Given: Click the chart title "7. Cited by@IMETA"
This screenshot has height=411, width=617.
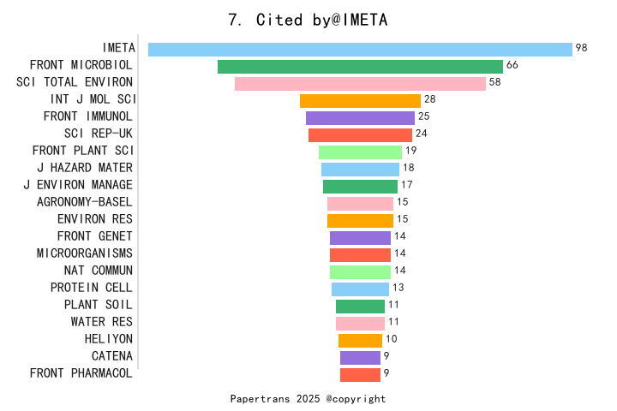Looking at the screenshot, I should pos(308,21).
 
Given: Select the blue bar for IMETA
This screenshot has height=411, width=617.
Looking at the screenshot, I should pos(360,50).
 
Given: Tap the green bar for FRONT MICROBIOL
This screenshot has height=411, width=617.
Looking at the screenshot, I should pos(360,67).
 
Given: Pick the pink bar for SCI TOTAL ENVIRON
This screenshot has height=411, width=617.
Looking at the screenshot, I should pos(360,84).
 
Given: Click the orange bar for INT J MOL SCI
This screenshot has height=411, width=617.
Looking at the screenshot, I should pos(360,101).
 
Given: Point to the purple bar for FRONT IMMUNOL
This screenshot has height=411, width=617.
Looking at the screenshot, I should pos(360,118).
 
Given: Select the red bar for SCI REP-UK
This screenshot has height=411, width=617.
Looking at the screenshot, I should pos(360,135).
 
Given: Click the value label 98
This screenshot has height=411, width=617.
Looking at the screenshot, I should pos(582,48).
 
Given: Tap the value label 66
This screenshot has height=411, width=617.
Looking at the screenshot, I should pos(512,65).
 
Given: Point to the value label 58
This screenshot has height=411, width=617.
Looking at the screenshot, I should pos(494,82).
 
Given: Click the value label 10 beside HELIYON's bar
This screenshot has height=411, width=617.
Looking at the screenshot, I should pos(391,339).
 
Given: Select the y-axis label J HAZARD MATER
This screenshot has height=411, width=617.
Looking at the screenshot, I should pos(85,168).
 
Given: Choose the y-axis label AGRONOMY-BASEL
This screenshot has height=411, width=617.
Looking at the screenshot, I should pos(85,202).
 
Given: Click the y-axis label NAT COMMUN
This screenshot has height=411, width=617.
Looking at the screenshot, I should pos(99,271).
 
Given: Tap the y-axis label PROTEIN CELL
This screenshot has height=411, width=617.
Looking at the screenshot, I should pos(92,288).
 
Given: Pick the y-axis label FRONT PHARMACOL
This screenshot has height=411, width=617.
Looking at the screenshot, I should pos(81,373).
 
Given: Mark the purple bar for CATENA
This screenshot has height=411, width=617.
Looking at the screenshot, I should pos(360,358).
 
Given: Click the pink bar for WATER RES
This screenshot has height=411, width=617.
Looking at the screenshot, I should pos(360,324).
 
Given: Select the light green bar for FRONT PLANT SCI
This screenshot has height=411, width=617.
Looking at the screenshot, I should pos(360,152).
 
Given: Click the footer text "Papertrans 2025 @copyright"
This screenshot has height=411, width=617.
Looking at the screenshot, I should pos(308,399).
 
